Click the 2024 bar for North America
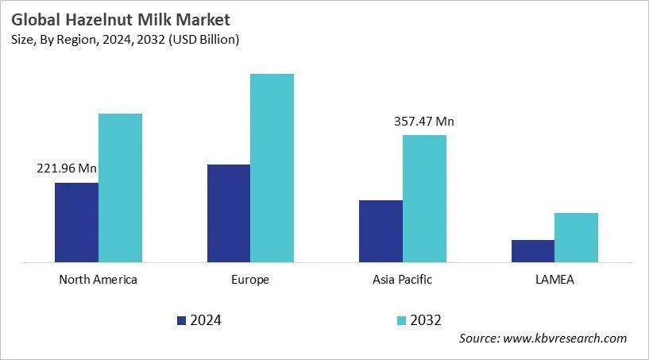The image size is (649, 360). coord(76,223)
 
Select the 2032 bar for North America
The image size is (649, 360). coord(120,188)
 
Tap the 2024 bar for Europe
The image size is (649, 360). coord(229,213)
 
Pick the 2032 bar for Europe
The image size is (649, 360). coord(272,168)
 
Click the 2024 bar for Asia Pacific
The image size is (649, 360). coord(381,230)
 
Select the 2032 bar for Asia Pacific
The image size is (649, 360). coord(424,198)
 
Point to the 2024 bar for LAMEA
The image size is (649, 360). coord(533,250)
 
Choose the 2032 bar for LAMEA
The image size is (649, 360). coord(576,237)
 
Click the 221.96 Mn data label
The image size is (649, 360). coord(67,168)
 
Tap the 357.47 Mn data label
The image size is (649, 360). coord(424,122)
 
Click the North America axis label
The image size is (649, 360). coord(99,280)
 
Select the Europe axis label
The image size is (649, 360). coord(251,280)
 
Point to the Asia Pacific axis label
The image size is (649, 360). coord(403,280)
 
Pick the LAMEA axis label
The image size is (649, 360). coord(554,280)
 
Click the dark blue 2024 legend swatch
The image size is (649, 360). coord(181,320)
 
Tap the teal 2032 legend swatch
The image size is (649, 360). coord(401,320)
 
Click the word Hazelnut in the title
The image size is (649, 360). coord(93,18)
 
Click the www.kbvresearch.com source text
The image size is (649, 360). coord(566,339)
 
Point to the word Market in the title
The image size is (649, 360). coord(194,18)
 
